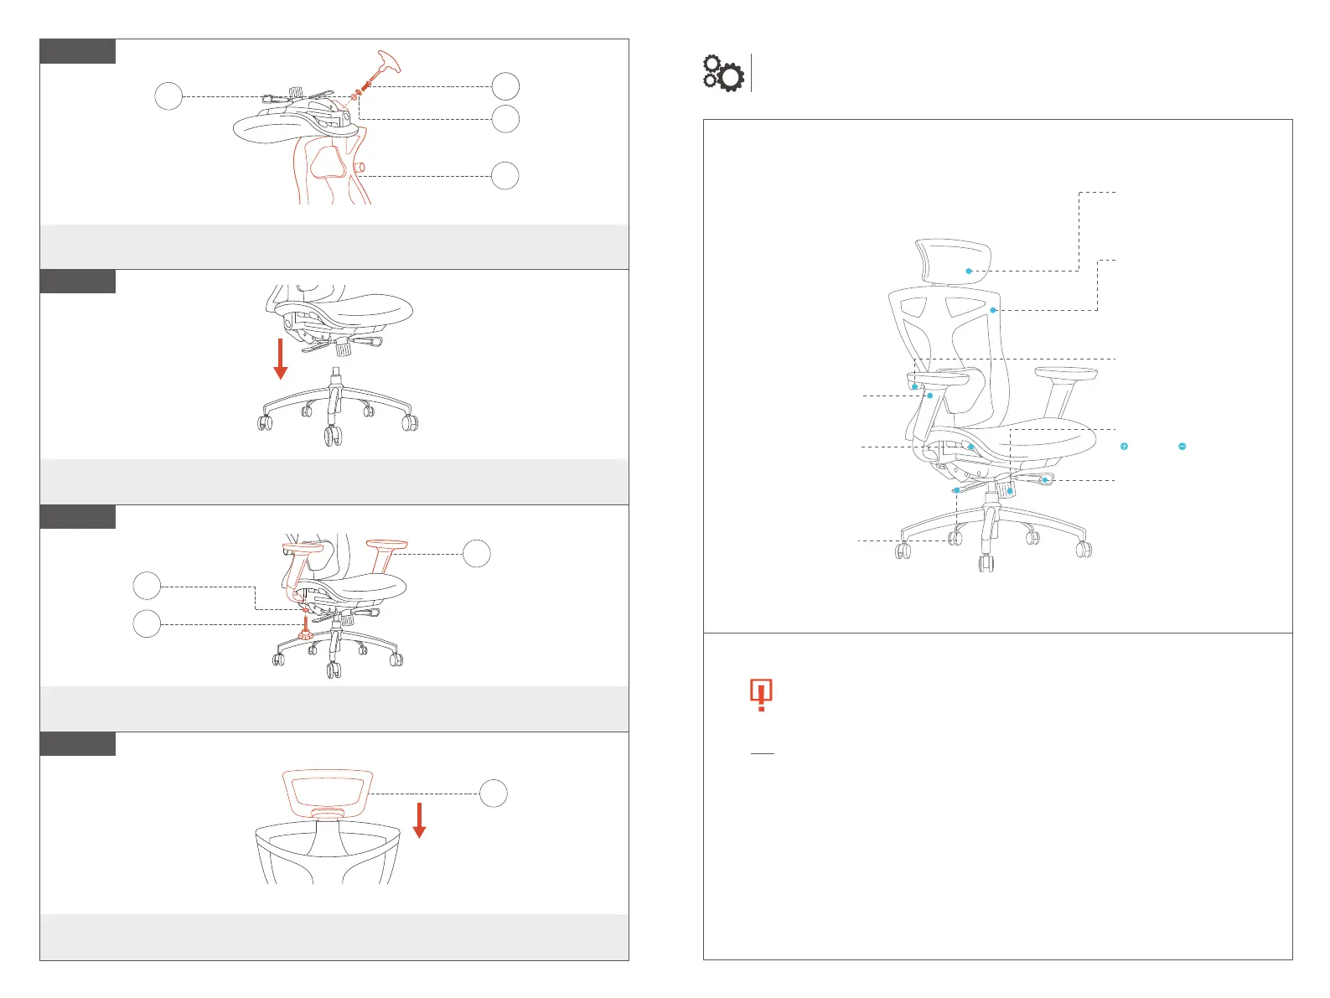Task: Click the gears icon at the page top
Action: pyautogui.click(x=722, y=73)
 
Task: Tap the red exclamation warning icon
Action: pyautogui.click(x=760, y=695)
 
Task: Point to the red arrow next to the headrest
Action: pyautogui.click(x=419, y=820)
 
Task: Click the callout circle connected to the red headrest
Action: pyautogui.click(x=494, y=794)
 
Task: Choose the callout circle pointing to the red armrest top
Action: pyautogui.click(x=477, y=553)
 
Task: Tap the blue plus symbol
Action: pyautogui.click(x=1124, y=447)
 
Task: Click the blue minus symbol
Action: pyautogui.click(x=1182, y=447)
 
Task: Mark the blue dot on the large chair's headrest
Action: pyautogui.click(x=968, y=271)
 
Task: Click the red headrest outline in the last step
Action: pyautogui.click(x=327, y=790)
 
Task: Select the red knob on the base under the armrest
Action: pyautogui.click(x=306, y=634)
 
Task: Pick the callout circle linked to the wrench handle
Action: pyautogui.click(x=505, y=86)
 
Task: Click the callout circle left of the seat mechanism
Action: pyautogui.click(x=168, y=96)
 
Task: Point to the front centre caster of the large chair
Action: pyautogui.click(x=986, y=561)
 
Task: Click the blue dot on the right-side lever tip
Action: pyautogui.click(x=1044, y=480)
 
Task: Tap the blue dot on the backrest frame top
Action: pyautogui.click(x=993, y=310)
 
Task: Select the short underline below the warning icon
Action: pyautogui.click(x=762, y=753)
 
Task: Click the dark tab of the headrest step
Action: pyautogui.click(x=78, y=743)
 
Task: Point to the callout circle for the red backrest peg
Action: pyautogui.click(x=505, y=176)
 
